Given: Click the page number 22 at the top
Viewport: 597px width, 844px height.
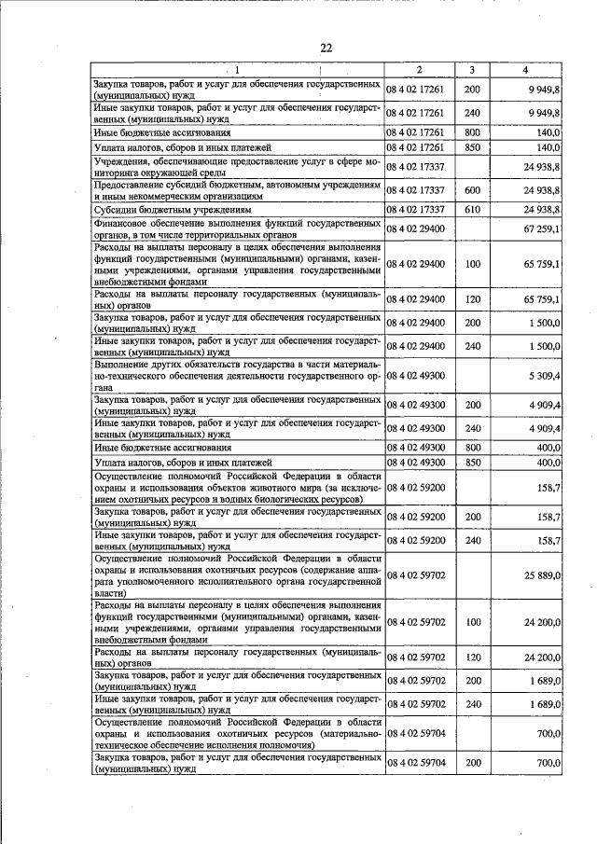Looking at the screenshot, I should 326,48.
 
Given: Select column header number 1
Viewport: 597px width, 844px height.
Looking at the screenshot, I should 237,70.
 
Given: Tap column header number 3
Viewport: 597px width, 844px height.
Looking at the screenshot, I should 472,70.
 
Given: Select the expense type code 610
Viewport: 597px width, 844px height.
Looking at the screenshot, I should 472,209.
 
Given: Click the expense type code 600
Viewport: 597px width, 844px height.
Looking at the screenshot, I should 472,189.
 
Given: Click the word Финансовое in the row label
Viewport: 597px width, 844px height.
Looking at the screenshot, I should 122,223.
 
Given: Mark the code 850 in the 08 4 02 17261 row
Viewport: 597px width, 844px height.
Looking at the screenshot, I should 472,147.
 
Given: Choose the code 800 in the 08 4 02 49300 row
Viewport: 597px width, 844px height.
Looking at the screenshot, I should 472,448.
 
